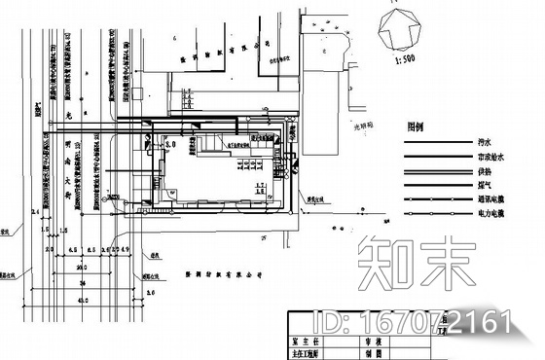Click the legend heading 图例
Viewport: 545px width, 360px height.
[418, 126]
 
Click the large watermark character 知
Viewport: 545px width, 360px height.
[384, 265]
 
